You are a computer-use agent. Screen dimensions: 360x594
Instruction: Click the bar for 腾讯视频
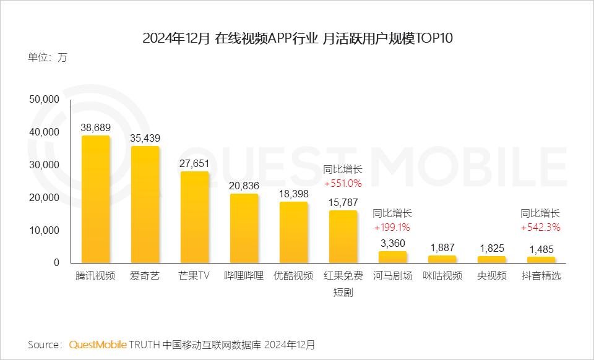(96, 199)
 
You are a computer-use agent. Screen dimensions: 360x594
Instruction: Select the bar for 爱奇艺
(145, 204)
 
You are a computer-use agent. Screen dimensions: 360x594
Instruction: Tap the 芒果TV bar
(194, 217)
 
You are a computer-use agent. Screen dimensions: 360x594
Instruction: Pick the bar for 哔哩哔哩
(244, 228)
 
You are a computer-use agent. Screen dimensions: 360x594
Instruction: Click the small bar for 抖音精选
(541, 260)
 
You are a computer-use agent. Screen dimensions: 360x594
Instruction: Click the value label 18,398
(293, 193)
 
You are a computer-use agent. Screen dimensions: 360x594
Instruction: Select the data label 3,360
(392, 242)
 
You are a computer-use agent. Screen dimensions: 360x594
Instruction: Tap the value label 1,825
(491, 247)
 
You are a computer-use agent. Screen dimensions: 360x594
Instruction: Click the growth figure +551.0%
(343, 183)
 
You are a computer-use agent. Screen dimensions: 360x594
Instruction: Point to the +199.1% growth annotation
(392, 227)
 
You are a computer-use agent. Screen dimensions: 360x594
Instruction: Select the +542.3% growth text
(540, 227)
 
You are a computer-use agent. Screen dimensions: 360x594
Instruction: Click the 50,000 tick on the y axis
(43, 100)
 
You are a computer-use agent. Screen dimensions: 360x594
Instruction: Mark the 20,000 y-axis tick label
(43, 197)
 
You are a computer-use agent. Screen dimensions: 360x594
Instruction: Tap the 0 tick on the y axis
(56, 263)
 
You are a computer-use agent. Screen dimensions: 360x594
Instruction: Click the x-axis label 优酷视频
(293, 276)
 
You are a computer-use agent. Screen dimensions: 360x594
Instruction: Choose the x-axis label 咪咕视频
(442, 276)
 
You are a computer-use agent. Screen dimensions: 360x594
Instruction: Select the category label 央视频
(491, 276)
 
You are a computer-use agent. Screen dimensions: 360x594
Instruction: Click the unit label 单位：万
(47, 58)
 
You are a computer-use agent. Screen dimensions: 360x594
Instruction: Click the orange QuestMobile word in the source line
(98, 344)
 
